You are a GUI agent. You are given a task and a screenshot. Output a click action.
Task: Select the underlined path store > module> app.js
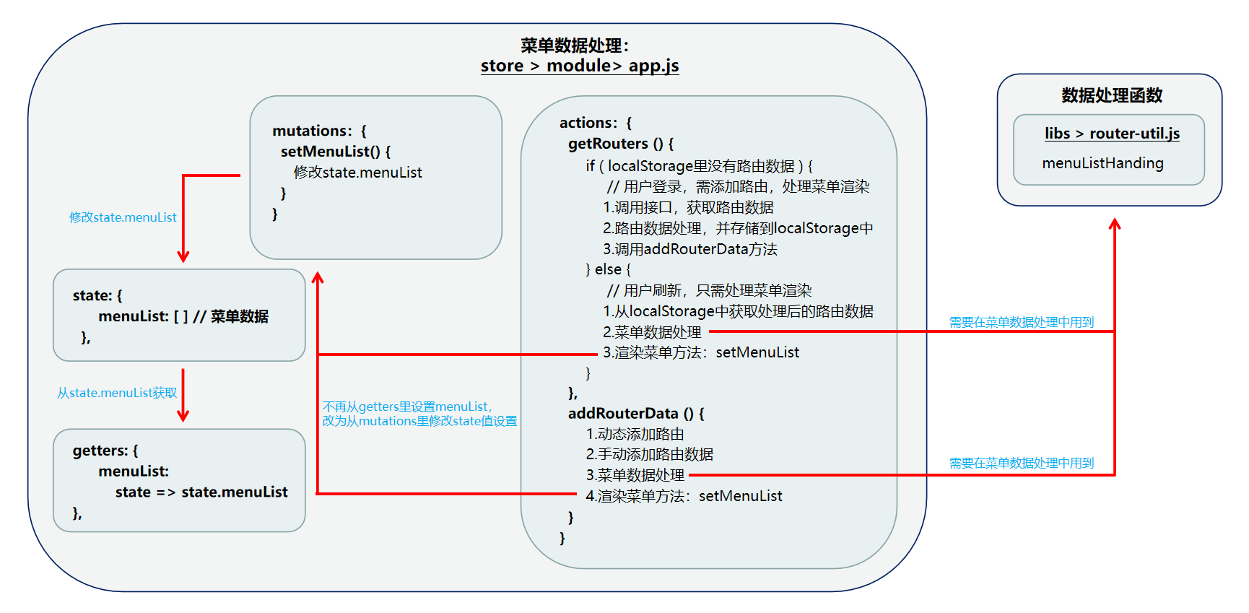click(x=580, y=66)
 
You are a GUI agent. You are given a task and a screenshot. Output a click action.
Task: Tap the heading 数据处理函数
click(x=1112, y=95)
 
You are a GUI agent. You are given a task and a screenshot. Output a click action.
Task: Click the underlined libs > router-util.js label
click(x=1112, y=134)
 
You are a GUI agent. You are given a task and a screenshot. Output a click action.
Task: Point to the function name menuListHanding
click(x=1102, y=163)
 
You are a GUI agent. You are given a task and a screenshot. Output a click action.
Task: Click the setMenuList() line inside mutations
click(x=336, y=152)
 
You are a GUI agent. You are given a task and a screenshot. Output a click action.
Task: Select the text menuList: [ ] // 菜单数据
click(x=183, y=316)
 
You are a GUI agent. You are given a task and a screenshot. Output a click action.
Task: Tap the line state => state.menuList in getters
click(x=201, y=492)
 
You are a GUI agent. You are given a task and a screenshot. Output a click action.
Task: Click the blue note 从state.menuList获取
click(x=117, y=393)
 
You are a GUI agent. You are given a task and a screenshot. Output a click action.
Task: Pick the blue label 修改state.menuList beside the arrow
click(x=123, y=217)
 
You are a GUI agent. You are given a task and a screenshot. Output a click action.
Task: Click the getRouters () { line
click(x=621, y=144)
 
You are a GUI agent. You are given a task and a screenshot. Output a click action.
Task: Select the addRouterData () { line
click(x=636, y=414)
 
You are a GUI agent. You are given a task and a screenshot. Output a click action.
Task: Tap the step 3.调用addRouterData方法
click(x=690, y=249)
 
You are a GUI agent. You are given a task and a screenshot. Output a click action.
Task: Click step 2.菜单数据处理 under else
click(x=652, y=332)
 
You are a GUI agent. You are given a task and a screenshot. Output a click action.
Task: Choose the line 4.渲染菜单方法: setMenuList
click(x=684, y=496)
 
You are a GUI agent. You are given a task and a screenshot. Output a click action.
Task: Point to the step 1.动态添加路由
click(x=635, y=434)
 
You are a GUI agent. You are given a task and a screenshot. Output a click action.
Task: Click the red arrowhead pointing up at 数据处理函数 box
click(x=1115, y=225)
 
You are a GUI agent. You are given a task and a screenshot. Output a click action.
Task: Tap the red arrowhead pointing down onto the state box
click(x=183, y=256)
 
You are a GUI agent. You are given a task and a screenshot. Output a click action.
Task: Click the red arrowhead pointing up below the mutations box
click(x=318, y=278)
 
